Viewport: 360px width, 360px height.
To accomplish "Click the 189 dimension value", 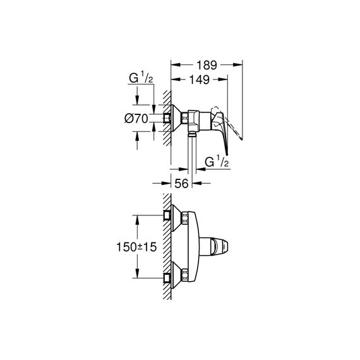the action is coord(207,65).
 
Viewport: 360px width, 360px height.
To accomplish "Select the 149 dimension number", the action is coord(200,80).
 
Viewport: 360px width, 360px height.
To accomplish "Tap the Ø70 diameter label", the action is coord(136,119).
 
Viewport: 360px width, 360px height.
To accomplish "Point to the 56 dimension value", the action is coord(181,183).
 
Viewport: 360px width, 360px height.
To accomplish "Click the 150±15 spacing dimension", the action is coord(136,248).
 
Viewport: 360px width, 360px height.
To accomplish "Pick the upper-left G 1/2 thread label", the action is coord(141,78).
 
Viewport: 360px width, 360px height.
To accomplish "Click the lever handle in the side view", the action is coord(221,129).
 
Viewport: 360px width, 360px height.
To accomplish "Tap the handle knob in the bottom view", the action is coord(220,247).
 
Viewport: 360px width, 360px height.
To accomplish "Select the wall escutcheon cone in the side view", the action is coord(176,118).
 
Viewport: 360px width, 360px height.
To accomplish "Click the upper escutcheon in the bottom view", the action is coord(176,218).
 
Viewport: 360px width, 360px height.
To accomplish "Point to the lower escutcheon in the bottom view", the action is coord(176,275).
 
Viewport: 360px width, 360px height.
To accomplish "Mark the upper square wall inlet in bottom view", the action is coord(167,215).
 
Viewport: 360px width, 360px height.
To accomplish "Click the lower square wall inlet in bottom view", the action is coord(167,278).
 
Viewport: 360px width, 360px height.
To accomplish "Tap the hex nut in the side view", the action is coord(185,118).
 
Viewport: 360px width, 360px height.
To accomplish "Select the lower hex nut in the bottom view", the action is coord(185,275).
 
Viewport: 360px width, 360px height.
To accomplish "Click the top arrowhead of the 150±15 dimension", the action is coord(137,220).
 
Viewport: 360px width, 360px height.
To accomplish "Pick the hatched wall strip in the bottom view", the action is coord(167,246).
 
